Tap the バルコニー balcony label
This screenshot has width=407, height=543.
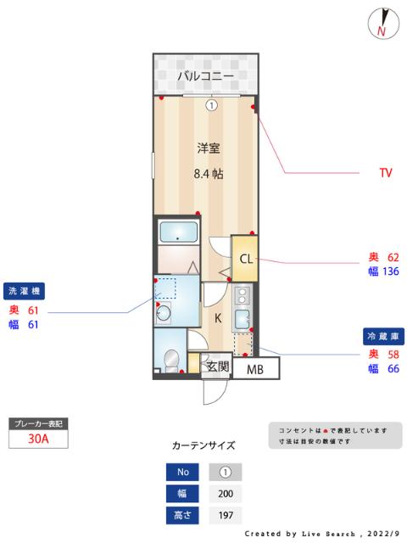point(204,76)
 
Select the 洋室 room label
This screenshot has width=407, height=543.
point(209,148)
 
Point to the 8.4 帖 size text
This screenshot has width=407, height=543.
point(209,174)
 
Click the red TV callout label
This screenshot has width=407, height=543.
point(386,173)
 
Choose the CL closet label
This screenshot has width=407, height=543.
point(244,260)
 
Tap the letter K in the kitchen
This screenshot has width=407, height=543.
point(217,318)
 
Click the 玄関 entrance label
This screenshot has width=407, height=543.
point(218,367)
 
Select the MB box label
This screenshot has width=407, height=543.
point(254,369)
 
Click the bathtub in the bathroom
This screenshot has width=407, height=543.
point(179,231)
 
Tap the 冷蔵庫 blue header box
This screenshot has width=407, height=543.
point(382,335)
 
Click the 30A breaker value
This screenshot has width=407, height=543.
point(37,439)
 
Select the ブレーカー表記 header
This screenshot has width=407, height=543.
point(36,423)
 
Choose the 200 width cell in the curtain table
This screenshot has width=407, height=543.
point(225,494)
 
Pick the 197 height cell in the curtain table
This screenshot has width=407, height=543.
point(225,515)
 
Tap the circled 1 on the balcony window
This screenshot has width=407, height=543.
point(210,105)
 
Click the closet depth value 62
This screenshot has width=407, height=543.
point(393,256)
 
